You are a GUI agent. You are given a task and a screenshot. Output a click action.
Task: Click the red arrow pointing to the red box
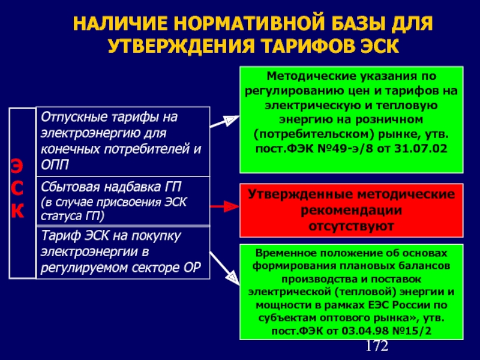click(x=225, y=207)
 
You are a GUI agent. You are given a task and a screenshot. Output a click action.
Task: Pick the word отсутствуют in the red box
click(x=352, y=226)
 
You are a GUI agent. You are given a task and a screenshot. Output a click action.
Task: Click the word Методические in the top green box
click(x=306, y=76)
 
